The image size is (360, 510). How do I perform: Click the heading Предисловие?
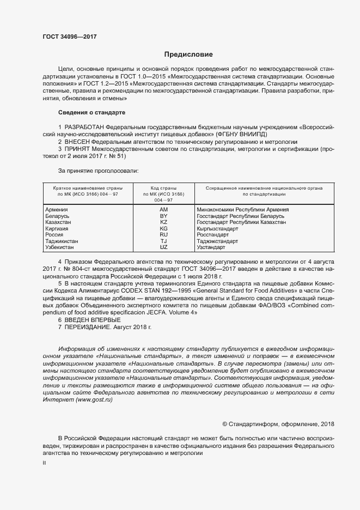(188, 54)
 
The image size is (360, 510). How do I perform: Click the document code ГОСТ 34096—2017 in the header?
(69, 36)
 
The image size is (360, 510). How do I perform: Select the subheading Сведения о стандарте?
(91, 112)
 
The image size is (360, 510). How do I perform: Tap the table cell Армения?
(56, 209)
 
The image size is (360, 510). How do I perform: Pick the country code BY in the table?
(163, 216)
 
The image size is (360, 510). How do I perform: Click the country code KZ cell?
(163, 222)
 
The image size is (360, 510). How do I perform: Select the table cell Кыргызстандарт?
(219, 229)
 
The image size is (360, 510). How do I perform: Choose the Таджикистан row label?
(62, 241)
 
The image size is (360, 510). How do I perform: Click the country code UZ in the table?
(163, 247)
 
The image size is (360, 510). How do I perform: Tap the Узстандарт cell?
(211, 247)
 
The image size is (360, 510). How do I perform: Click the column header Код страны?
(163, 188)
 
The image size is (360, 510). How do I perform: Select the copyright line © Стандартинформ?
(279, 424)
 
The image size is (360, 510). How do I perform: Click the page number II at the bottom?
(44, 463)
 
